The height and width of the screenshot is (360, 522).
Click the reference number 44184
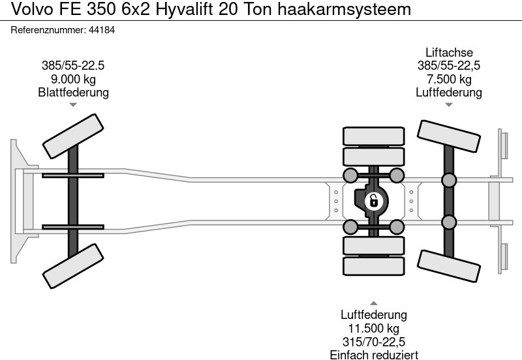point(102,30)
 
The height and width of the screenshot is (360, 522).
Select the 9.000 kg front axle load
point(73,79)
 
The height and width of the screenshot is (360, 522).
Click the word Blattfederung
point(73,92)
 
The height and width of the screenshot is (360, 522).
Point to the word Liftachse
point(449,53)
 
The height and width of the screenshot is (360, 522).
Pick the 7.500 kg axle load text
point(449,79)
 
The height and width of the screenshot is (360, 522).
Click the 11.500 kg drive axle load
point(373,329)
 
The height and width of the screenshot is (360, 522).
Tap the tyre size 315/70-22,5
point(373,342)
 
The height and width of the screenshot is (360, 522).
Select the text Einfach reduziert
point(374,355)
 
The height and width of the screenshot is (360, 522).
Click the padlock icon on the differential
point(373,202)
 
